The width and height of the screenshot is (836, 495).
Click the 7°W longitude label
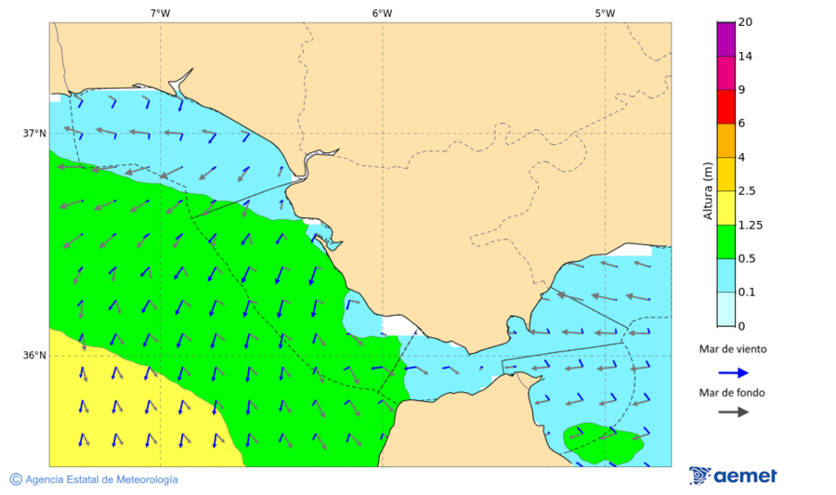point(160,13)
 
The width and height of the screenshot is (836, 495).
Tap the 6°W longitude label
point(382,13)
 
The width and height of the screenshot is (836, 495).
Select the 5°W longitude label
point(605,13)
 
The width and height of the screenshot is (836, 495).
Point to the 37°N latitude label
point(34,133)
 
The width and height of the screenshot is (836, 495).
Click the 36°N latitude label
point(34,356)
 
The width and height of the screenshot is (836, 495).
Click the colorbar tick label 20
point(745,22)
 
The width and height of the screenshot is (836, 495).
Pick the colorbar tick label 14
point(745,57)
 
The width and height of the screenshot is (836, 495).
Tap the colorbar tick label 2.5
point(746,191)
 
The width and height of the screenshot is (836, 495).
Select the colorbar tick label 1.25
point(749,225)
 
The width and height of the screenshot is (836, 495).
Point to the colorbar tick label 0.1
point(746,293)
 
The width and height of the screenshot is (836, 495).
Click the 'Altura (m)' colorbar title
point(708,191)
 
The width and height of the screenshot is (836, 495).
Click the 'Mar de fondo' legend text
point(733,393)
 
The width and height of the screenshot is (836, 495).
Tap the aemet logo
point(733,475)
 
